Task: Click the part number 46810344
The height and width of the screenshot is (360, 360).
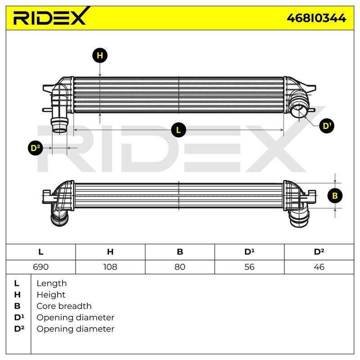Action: (x=316, y=18)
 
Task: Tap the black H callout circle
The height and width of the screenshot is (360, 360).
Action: (x=100, y=55)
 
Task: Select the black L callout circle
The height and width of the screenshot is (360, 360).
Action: (x=178, y=130)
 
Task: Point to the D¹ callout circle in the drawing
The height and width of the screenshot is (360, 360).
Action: (x=327, y=126)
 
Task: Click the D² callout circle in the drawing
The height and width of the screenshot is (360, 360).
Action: (x=35, y=148)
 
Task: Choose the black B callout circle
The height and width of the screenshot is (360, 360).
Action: (x=335, y=196)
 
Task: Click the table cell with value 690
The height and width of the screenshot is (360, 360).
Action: (x=40, y=267)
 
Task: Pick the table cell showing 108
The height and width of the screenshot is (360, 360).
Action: (x=110, y=267)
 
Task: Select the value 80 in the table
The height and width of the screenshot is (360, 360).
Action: (x=180, y=267)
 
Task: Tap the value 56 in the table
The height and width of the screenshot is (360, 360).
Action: (x=249, y=267)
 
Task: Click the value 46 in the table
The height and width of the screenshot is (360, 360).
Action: (x=319, y=267)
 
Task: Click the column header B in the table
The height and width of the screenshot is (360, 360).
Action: (x=180, y=252)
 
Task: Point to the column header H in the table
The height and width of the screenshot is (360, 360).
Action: (x=110, y=252)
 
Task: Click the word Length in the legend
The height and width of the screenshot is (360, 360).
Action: (x=52, y=283)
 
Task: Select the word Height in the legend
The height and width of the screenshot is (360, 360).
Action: (x=51, y=295)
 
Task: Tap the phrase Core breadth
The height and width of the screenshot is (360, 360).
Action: (x=64, y=306)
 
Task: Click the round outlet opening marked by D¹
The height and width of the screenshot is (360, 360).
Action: (x=298, y=110)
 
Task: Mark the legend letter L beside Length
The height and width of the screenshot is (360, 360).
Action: (x=17, y=283)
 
